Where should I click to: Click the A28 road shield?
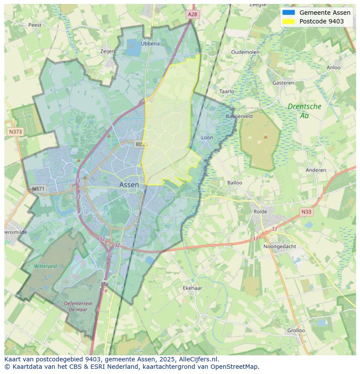193,14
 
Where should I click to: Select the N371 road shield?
38,189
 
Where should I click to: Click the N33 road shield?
306,212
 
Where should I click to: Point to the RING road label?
142,144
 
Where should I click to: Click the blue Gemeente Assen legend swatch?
288,13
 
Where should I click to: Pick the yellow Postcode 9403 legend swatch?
288,21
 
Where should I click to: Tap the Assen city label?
129,185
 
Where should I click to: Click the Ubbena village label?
150,43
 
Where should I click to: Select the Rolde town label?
261,212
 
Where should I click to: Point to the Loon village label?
207,138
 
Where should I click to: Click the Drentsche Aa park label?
304,111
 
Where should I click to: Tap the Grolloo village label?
296,330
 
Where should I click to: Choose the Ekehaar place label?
192,288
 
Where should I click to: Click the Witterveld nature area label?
46,266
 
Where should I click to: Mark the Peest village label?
35,25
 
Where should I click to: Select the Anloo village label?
334,67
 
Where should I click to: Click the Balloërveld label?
239,116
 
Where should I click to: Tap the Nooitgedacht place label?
280,246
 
